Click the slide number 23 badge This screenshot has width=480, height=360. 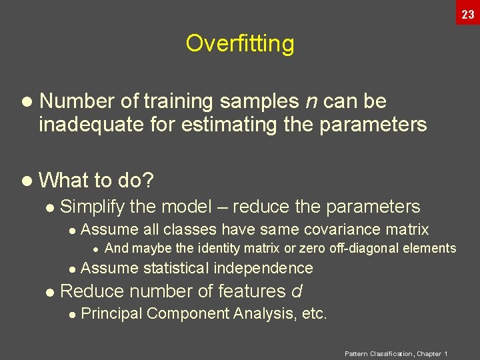(x=467, y=13)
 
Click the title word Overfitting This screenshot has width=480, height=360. (x=239, y=43)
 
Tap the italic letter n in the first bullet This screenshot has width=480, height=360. (x=311, y=101)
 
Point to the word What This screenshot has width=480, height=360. (x=65, y=180)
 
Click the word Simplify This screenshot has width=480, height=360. (x=92, y=207)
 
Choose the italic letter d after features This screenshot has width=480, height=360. (x=297, y=291)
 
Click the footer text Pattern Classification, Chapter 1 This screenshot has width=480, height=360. (x=395, y=353)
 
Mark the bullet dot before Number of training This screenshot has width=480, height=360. (x=26, y=102)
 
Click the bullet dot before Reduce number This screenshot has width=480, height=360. (x=49, y=292)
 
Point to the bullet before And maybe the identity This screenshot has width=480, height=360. (x=95, y=249)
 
